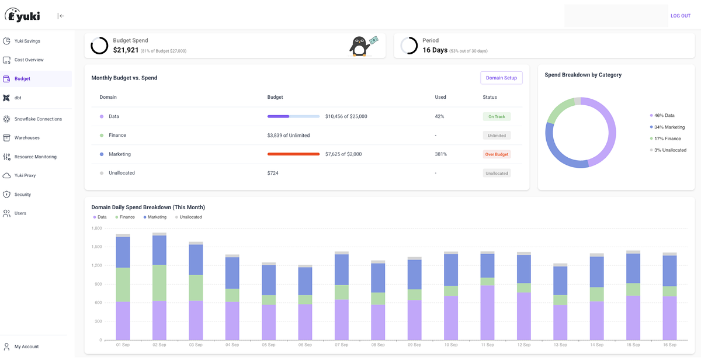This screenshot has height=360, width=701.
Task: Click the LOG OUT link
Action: pos(680,16)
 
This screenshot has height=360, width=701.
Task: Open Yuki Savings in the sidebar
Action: pos(27,41)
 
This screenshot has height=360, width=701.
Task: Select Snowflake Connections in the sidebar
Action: pos(37,119)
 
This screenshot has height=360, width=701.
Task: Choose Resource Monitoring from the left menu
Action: pos(35,157)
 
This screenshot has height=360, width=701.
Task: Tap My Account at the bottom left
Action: pos(26,347)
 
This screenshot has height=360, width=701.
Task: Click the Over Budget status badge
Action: pos(497,154)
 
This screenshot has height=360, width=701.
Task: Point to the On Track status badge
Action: pos(497,116)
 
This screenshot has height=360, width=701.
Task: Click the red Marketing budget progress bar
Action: pos(293,154)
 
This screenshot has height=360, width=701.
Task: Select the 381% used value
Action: pos(440,154)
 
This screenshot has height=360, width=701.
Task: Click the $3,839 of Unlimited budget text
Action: pos(288,136)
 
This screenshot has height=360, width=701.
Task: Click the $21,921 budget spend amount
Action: pos(126,50)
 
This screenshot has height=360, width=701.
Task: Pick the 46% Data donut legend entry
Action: pos(664,116)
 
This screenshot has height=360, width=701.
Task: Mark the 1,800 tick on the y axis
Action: pos(96,228)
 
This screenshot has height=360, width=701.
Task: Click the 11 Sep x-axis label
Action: pos(487,345)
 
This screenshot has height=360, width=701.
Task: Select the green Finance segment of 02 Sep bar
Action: pos(159,283)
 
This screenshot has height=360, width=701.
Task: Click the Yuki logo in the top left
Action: pos(23,16)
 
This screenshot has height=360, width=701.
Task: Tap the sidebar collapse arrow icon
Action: pos(61,16)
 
